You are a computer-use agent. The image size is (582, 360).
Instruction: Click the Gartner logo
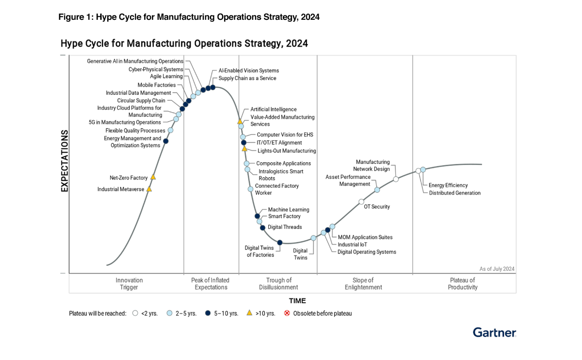click(494, 332)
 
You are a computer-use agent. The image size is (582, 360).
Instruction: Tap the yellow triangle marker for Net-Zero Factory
click(153, 177)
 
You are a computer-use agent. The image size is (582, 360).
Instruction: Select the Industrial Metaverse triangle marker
click(149, 189)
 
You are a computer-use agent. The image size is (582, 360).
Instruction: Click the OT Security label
click(376, 207)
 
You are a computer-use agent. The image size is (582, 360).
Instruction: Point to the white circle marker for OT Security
click(361, 202)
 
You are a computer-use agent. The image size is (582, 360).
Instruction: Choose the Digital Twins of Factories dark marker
click(279, 242)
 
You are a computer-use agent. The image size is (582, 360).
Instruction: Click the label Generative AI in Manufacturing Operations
click(135, 61)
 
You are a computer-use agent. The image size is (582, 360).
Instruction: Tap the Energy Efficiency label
click(448, 186)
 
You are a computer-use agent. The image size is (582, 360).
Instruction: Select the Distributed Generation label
click(455, 193)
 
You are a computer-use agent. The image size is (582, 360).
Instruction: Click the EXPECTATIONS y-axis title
click(65, 161)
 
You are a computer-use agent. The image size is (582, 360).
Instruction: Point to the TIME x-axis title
click(297, 301)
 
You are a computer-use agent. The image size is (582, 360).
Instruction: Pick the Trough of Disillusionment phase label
click(279, 283)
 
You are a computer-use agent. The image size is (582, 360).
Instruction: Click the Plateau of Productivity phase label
click(462, 283)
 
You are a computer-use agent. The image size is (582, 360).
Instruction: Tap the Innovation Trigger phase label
click(129, 283)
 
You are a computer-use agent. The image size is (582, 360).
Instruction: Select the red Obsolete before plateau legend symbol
click(287, 313)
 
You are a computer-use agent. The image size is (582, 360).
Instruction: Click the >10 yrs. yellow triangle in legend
click(249, 313)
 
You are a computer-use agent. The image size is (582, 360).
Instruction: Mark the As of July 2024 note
click(497, 269)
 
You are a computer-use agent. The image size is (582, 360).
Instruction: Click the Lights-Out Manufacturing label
click(286, 151)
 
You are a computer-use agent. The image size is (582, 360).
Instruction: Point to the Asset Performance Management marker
click(377, 190)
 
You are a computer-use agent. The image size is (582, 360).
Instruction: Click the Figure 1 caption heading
click(189, 17)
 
